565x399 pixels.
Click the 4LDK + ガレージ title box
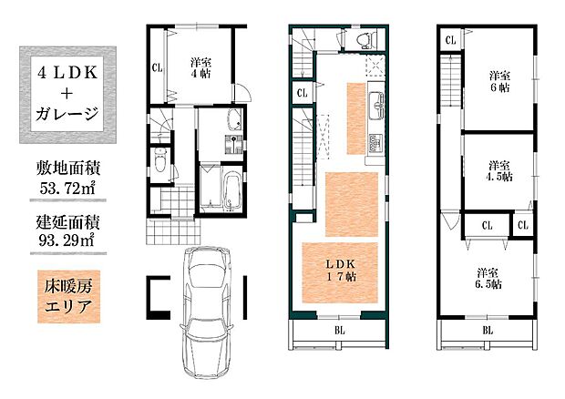click(67, 95)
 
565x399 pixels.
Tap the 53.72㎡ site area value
click(67, 188)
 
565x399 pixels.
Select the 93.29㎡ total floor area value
click(67, 240)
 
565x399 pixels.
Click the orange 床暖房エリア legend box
click(68, 297)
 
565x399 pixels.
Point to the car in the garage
click(207, 312)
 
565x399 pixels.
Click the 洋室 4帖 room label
click(200, 68)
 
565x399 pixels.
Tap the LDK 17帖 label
click(341, 270)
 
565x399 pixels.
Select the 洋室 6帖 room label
click(499, 82)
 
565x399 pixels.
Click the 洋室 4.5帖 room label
click(500, 171)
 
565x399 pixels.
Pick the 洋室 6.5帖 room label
click(488, 279)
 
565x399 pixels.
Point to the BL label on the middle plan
click(339, 330)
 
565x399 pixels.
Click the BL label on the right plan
click(488, 330)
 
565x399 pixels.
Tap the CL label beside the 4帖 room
click(157, 67)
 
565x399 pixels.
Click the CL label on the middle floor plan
click(303, 93)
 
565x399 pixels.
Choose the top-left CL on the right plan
click(450, 40)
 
